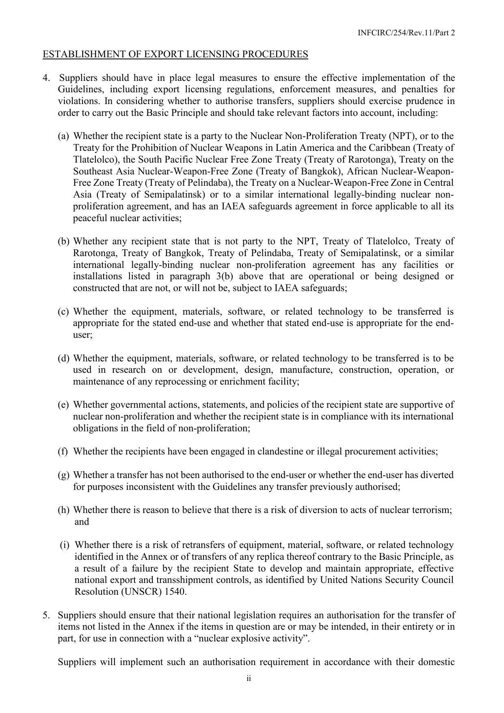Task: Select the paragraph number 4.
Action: pos(46,78)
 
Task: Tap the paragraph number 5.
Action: pos(46,615)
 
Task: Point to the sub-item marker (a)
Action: pos(63,136)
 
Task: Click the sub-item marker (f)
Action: pos(63,451)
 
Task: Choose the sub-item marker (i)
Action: pos(64,545)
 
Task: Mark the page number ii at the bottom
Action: pos(249,678)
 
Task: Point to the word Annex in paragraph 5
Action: pos(160,627)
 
